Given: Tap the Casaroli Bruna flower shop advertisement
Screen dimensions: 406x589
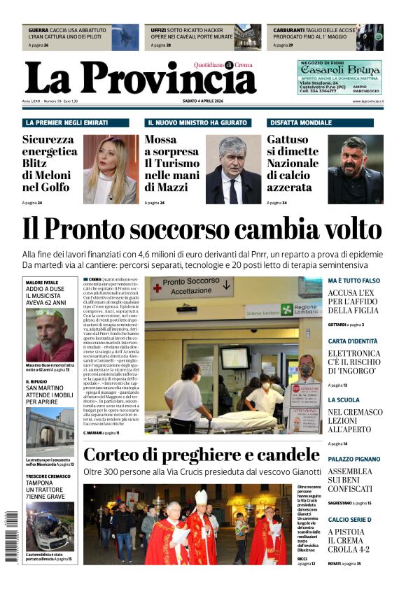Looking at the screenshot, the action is click(x=339, y=77).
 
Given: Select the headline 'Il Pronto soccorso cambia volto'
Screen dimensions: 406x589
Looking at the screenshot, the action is click(x=202, y=229).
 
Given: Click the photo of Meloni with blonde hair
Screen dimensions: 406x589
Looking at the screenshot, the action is click(x=110, y=169).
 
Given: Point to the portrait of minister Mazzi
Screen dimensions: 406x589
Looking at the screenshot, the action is click(x=233, y=169).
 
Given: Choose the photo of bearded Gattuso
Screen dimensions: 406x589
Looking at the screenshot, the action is click(x=355, y=169).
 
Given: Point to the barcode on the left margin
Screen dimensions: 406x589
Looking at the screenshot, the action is click(x=12, y=535).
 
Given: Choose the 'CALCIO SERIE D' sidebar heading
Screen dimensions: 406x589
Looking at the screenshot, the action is click(x=349, y=519).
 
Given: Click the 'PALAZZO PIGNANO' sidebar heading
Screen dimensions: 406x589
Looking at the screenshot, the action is click(x=354, y=459).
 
